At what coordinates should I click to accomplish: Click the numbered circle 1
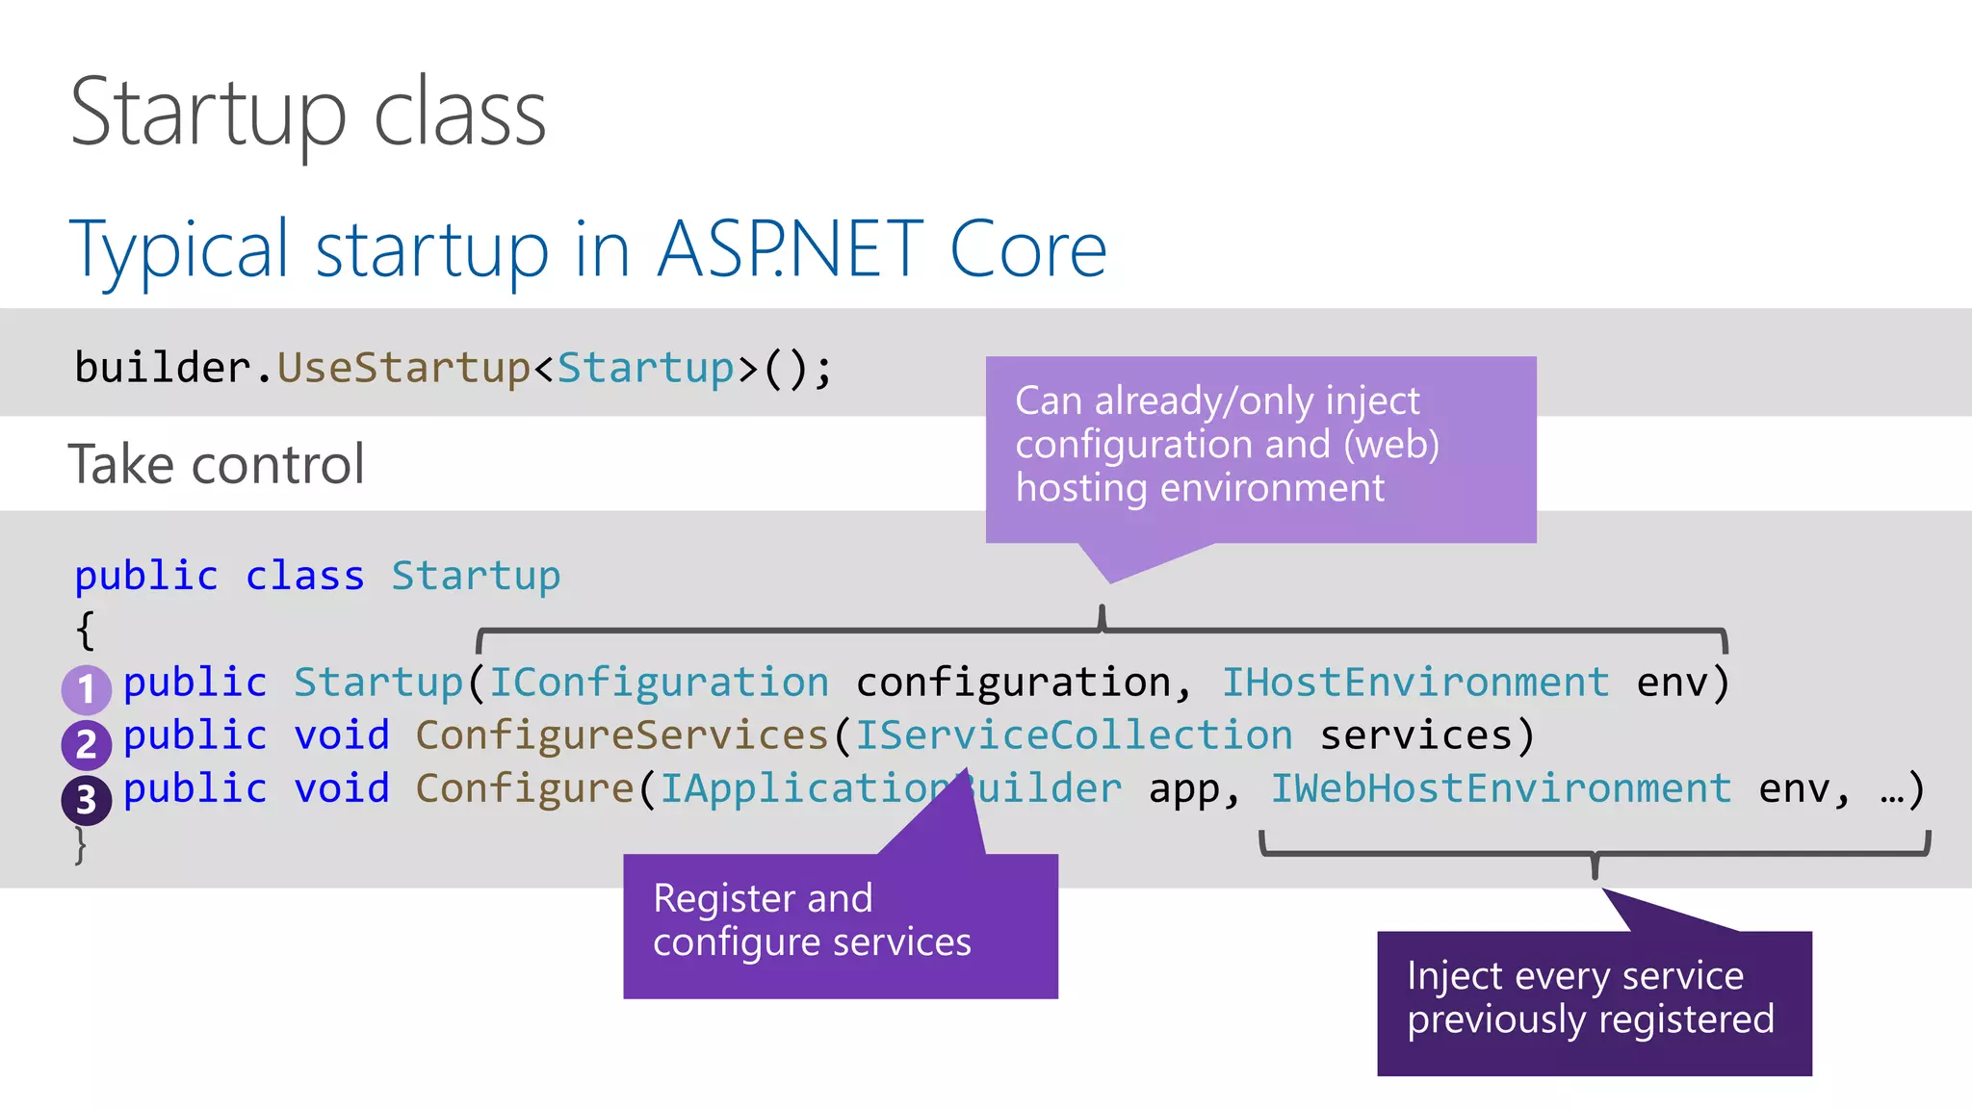tap(86, 689)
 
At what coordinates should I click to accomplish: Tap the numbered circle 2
tap(86, 744)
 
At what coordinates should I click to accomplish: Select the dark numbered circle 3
tap(86, 799)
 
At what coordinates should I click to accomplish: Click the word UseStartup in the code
tap(403, 368)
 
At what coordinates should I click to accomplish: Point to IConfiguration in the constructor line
tap(659, 683)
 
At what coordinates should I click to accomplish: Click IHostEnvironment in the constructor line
tap(1415, 683)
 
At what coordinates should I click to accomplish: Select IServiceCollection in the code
tap(1074, 735)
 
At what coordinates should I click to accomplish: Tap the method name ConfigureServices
tap(622, 735)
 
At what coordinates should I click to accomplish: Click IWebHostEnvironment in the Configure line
tap(1500, 788)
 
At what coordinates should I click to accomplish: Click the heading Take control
tap(217, 464)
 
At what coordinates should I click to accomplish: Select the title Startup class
tap(308, 114)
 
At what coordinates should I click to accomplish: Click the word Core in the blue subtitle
tap(1027, 249)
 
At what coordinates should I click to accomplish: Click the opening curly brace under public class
tap(85, 631)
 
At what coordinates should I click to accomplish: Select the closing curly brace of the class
tap(82, 845)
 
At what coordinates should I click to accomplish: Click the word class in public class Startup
tap(304, 577)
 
